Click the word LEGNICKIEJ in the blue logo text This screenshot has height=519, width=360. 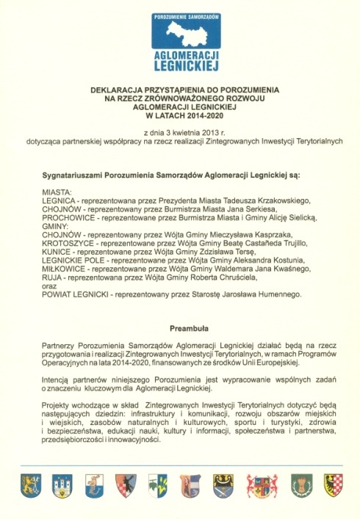(181, 65)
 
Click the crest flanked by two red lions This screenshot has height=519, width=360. (262, 485)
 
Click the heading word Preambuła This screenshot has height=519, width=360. (180, 330)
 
